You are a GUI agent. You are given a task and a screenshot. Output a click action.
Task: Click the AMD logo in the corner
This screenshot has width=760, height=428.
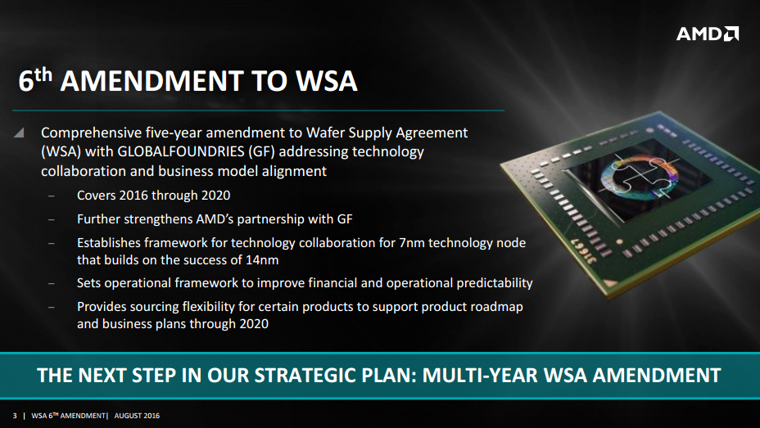707,34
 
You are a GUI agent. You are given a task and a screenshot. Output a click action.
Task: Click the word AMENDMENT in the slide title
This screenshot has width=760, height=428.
152,80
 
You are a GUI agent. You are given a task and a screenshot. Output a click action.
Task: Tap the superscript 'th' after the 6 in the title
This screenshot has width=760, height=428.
43,74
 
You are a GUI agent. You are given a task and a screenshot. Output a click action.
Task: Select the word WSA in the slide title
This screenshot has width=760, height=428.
327,80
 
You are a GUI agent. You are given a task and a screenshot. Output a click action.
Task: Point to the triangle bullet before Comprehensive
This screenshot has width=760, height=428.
19,133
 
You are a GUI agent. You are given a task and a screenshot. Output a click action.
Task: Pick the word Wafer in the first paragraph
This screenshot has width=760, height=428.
325,133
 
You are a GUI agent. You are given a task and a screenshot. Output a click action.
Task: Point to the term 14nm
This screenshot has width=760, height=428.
262,260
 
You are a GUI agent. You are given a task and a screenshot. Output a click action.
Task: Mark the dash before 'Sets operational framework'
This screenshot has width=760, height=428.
51,283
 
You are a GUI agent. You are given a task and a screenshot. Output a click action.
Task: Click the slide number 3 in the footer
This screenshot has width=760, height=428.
15,416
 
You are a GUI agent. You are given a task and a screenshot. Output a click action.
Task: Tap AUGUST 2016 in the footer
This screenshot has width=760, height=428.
137,416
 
